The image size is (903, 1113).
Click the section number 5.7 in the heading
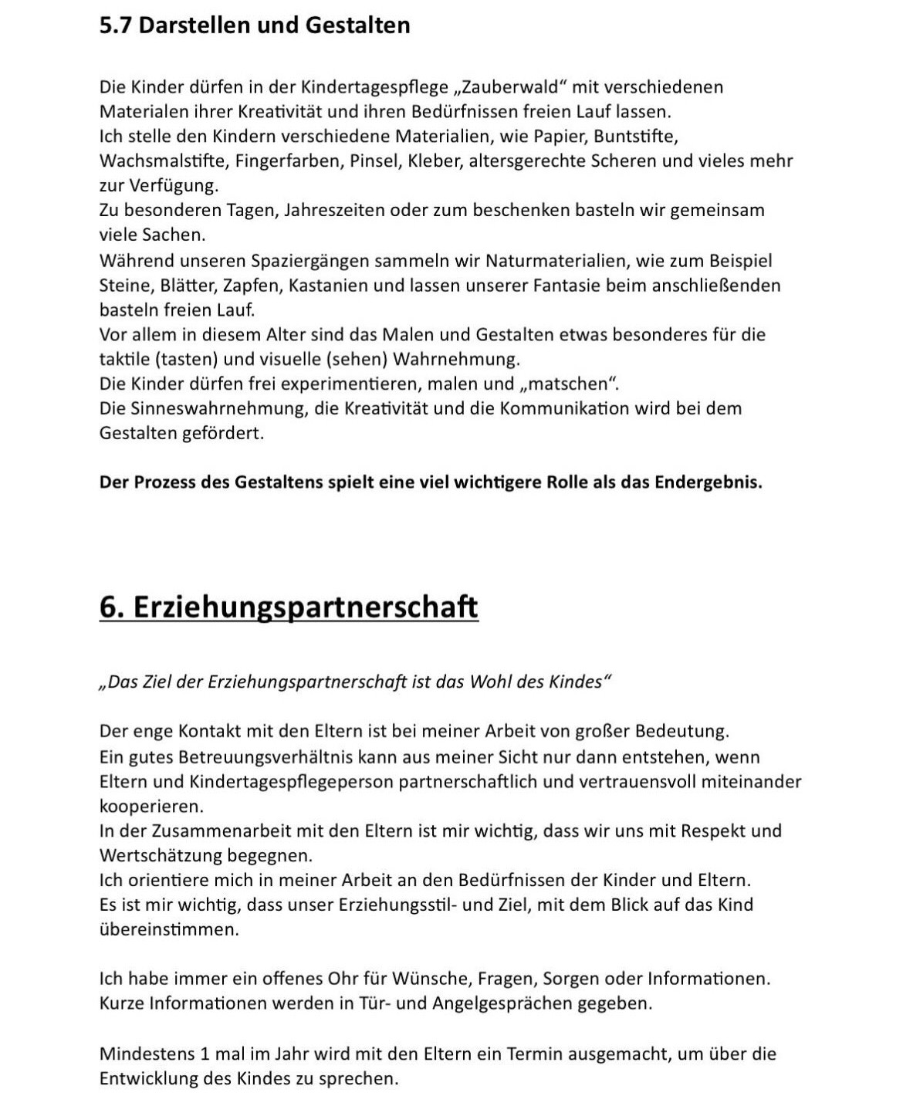click(x=116, y=25)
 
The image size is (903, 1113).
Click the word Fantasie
click(x=568, y=285)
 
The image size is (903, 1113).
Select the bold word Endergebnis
click(x=708, y=482)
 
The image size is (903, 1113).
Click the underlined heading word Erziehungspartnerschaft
click(x=306, y=607)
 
